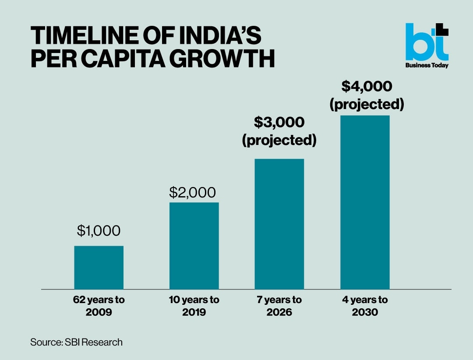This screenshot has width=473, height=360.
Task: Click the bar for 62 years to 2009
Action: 99,268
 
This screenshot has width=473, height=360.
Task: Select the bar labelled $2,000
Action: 194,246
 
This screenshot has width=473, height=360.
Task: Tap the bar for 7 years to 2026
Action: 279,224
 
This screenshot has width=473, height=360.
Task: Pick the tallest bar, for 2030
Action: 365,202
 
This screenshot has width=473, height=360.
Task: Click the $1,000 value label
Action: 99,231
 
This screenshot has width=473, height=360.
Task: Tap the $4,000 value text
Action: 367,86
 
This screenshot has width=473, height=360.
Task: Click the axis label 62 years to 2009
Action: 99,307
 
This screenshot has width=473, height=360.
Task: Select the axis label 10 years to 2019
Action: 194,307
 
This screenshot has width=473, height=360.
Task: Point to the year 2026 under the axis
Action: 279,313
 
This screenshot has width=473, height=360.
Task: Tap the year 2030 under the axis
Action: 365,313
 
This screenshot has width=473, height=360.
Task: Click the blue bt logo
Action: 426,42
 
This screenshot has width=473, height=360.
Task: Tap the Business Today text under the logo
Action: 427,65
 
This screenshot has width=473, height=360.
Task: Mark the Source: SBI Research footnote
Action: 76,342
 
